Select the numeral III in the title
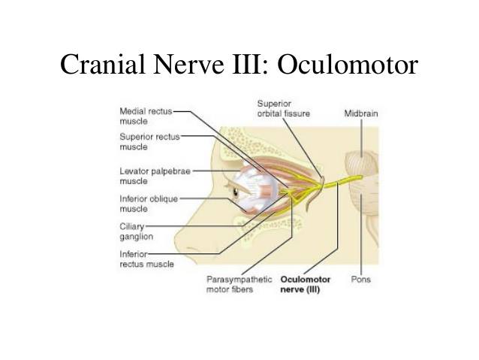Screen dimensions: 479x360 [244, 65]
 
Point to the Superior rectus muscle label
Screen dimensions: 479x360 [149, 141]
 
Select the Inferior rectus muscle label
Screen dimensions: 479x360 [146, 259]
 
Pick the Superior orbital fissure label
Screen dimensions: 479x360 [283, 107]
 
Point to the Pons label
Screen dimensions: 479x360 [360, 280]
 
